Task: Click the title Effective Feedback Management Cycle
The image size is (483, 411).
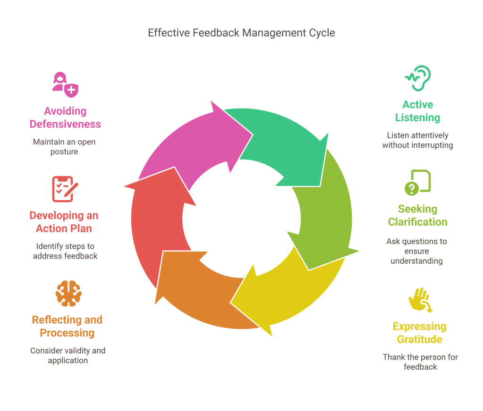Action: [x=241, y=33]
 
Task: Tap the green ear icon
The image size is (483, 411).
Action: [x=418, y=78]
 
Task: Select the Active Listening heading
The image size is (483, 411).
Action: [x=418, y=111]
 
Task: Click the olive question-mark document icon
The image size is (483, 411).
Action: [x=418, y=183]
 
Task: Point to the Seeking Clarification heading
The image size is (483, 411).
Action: [x=418, y=215]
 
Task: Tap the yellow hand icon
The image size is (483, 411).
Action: [x=420, y=301]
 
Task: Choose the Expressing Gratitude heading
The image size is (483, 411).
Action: [x=419, y=333]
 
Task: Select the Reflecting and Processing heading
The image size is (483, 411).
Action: [x=67, y=326]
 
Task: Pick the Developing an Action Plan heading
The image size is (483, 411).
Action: [x=64, y=222]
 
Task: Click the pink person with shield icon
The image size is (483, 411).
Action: [x=65, y=84]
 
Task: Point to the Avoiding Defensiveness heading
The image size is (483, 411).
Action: [x=65, y=117]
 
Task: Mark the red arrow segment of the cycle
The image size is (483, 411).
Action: [x=156, y=222]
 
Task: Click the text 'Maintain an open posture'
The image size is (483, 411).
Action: [x=64, y=146]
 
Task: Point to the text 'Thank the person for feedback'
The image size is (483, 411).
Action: [x=420, y=361]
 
